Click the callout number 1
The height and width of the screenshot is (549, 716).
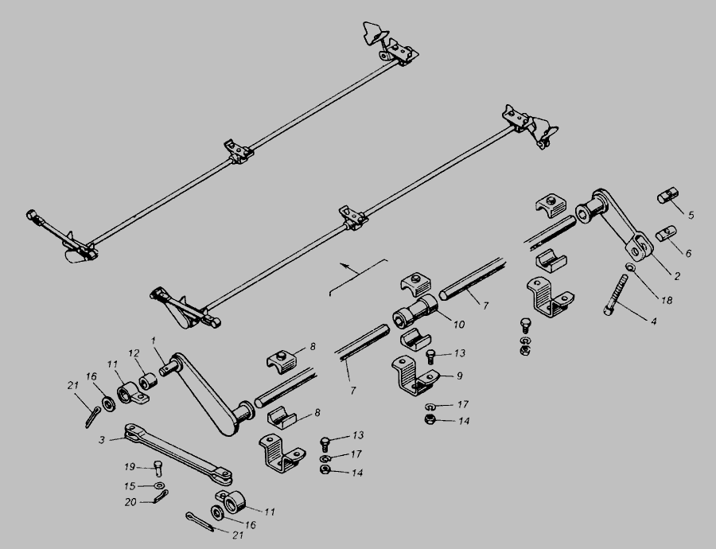[154, 341]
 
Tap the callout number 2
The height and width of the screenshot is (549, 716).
[677, 276]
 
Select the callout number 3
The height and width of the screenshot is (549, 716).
[102, 440]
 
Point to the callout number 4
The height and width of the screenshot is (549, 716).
[653, 321]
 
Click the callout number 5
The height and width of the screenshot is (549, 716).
[691, 215]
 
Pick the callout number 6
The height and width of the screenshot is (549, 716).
[689, 253]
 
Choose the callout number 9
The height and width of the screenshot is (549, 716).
[459, 376]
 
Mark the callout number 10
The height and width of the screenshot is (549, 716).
[459, 325]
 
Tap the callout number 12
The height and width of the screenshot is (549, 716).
[134, 353]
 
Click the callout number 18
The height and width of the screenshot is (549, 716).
[667, 300]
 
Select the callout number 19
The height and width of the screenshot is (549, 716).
[130, 467]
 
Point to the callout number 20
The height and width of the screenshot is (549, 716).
[130, 502]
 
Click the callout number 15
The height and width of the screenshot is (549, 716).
[130, 486]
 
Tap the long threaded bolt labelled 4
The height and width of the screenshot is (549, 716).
[617, 294]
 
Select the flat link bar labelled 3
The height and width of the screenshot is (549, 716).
[178, 454]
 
